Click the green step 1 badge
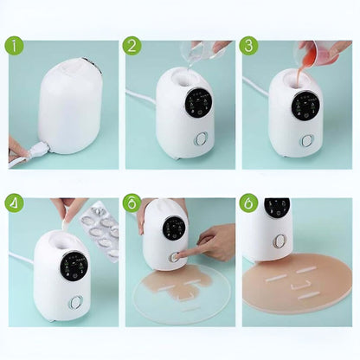[x=14, y=46]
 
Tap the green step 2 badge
[x=132, y=46]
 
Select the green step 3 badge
[x=248, y=46]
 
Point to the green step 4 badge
[x=14, y=203]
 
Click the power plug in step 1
[x=38, y=150]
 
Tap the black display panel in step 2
[x=198, y=103]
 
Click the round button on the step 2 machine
[x=201, y=138]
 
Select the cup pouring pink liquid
[x=325, y=51]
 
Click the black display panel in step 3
[x=305, y=106]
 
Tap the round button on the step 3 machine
[x=307, y=140]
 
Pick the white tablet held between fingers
[x=66, y=224]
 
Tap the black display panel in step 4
[x=74, y=266]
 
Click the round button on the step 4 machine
[x=75, y=302]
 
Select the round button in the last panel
[x=280, y=241]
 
